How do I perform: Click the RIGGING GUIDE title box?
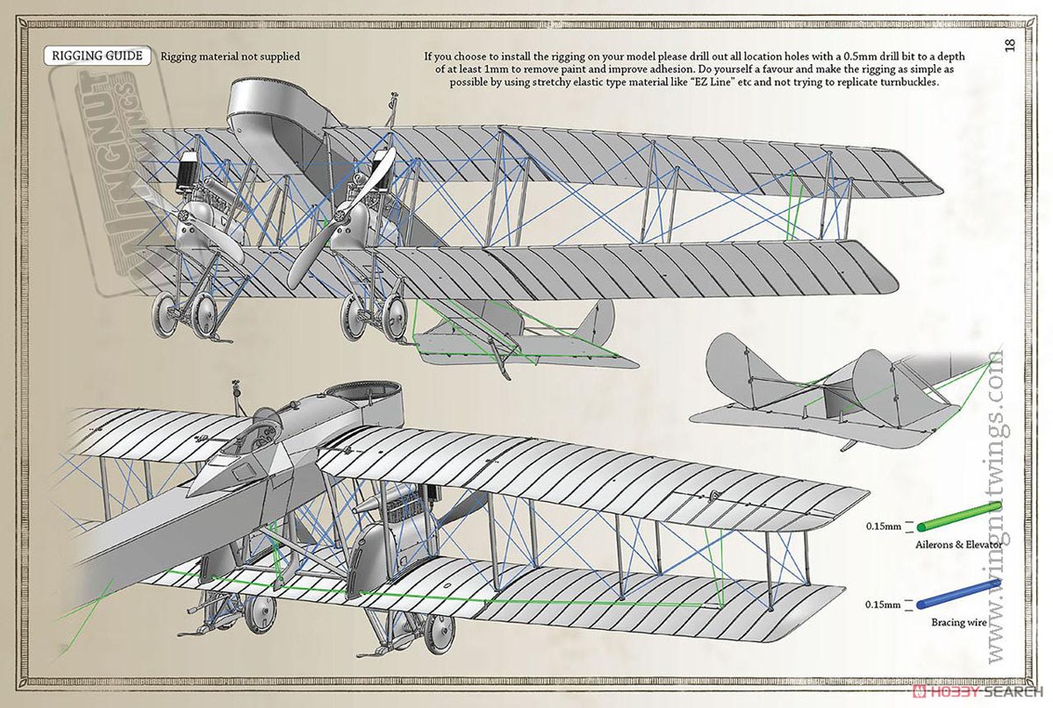[97, 55]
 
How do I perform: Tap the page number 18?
[1010, 45]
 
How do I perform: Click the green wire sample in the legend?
[959, 516]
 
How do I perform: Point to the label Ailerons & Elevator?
[959, 545]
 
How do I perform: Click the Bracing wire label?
[959, 622]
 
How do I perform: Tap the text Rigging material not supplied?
[230, 56]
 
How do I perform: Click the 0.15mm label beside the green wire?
[884, 526]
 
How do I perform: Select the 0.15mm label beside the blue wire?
[884, 604]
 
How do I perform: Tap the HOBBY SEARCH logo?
[978, 691]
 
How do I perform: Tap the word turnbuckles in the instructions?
[908, 82]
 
